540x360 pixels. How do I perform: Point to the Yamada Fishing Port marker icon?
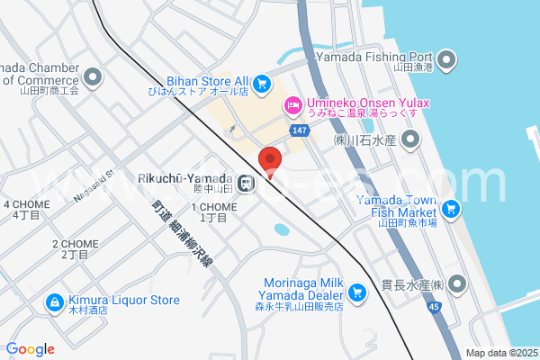click(447, 62)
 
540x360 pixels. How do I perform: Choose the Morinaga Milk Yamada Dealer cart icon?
click(358, 292)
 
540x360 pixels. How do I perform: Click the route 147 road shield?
click(301, 131)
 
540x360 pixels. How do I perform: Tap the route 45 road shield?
click(435, 307)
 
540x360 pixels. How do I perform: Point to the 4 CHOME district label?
click(26, 210)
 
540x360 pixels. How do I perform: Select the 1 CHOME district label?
click(213, 212)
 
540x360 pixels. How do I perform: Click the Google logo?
click(30, 349)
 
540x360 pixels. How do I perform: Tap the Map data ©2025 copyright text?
click(500, 353)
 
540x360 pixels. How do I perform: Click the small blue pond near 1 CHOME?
click(283, 230)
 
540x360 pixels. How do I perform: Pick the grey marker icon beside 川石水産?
click(410, 139)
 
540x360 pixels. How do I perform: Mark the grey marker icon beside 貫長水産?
click(458, 284)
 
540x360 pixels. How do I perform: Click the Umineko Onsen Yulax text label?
click(368, 103)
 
